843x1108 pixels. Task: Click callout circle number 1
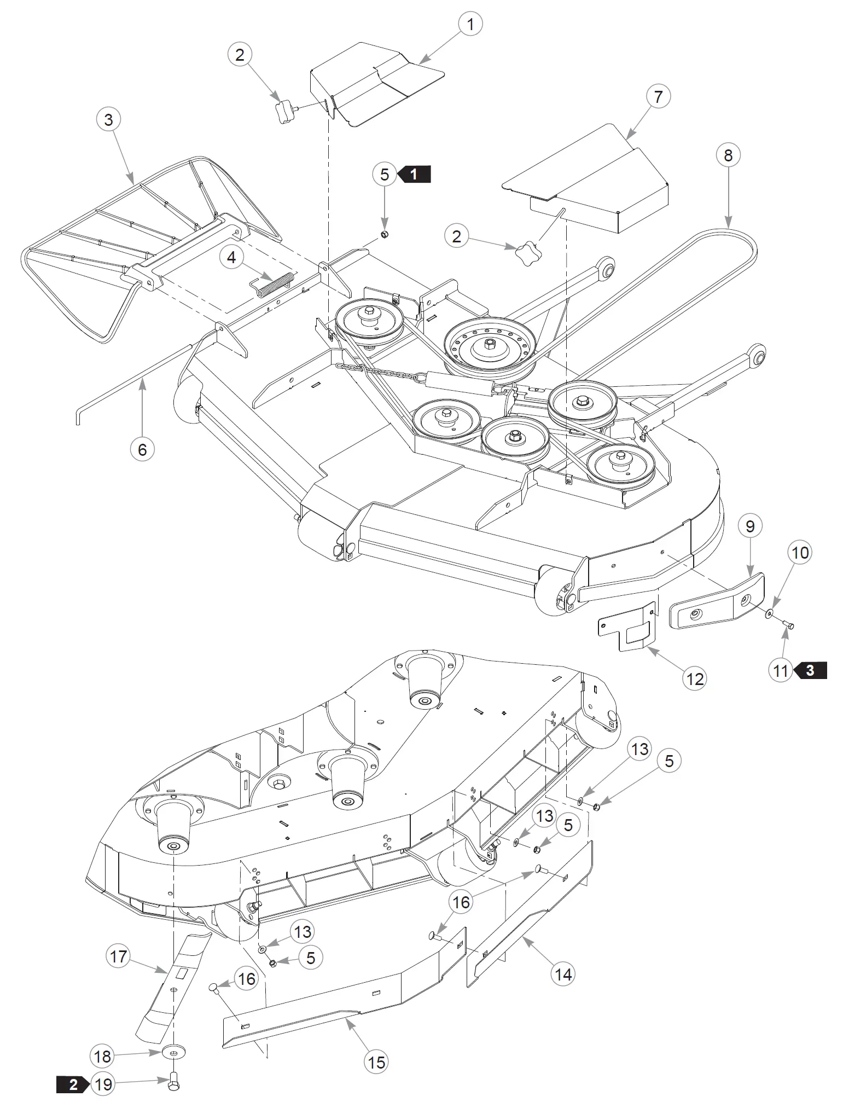(x=469, y=24)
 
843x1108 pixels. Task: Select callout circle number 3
(x=108, y=119)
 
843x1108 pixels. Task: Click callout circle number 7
(x=658, y=96)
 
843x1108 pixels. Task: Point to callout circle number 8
(x=728, y=155)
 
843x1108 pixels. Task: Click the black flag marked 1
(x=415, y=174)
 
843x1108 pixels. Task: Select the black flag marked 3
(x=810, y=670)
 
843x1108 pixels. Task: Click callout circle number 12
(x=694, y=679)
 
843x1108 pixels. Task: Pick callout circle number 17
(x=118, y=956)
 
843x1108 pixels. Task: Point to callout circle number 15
(x=376, y=1062)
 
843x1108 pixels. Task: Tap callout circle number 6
(x=142, y=449)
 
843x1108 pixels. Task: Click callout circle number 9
(x=749, y=526)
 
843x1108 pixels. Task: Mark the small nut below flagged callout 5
(x=384, y=234)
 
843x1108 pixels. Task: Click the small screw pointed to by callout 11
(x=788, y=623)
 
